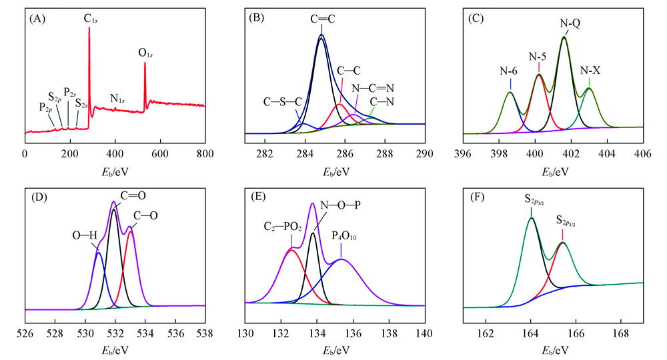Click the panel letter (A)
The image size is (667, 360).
[38, 19]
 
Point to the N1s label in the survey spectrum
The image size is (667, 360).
[118, 99]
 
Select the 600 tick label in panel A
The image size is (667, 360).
[160, 153]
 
